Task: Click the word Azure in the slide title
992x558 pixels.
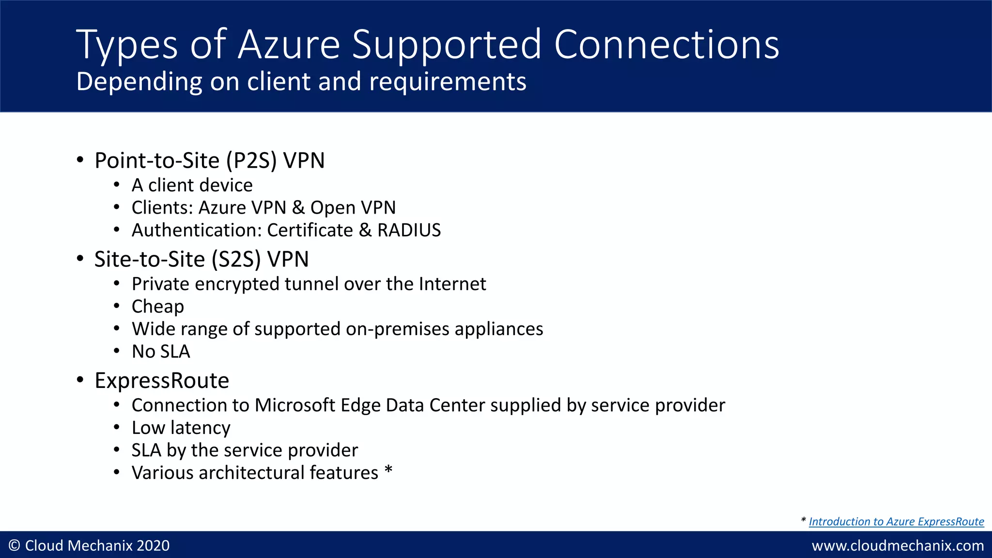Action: point(289,45)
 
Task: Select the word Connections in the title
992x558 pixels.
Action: point(666,45)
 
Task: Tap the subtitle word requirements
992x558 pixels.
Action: point(448,81)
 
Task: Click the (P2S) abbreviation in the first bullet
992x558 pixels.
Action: point(251,161)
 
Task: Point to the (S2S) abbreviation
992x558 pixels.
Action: point(236,260)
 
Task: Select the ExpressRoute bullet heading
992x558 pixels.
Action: point(162,381)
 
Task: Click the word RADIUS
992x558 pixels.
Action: point(409,230)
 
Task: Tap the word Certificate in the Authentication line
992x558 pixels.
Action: point(310,230)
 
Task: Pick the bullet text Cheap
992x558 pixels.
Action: point(158,307)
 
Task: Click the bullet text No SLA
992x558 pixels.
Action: point(161,352)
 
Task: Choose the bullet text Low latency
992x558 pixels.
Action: point(181,428)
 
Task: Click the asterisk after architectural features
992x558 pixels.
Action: point(388,470)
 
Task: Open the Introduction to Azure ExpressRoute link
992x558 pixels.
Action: point(896,522)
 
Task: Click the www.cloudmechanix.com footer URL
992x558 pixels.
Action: point(898,546)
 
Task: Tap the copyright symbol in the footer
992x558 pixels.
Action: point(15,546)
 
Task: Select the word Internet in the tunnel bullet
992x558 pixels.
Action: point(452,284)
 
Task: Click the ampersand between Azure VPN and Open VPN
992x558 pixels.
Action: point(298,208)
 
